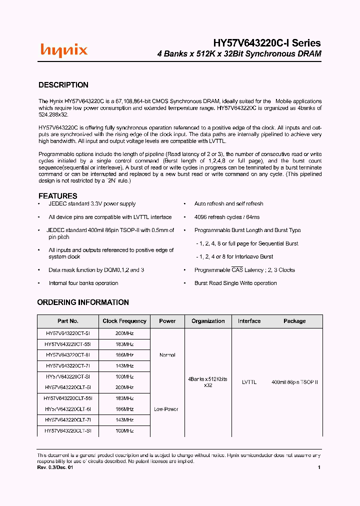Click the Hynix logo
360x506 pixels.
tap(63, 50)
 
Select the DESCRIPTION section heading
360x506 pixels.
tap(63, 85)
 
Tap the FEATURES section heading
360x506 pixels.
tap(58, 196)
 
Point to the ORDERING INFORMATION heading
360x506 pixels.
tap(83, 302)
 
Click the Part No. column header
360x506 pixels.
tap(68, 321)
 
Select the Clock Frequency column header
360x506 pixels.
tap(124, 321)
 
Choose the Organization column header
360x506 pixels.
tap(208, 321)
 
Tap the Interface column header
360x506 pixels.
tap(249, 321)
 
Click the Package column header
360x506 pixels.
tap(294, 321)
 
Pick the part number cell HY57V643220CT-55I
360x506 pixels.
tap(68, 344)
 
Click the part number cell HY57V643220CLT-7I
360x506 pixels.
tap(68, 420)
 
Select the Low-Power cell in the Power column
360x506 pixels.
tap(166, 409)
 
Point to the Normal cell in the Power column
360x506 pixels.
tap(167, 355)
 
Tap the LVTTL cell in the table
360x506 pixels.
tap(249, 382)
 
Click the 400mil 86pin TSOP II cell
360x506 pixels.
tap(294, 382)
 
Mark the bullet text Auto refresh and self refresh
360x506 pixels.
tap(228, 204)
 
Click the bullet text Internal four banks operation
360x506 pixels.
tap(83, 283)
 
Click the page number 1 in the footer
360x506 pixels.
tap(319, 467)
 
